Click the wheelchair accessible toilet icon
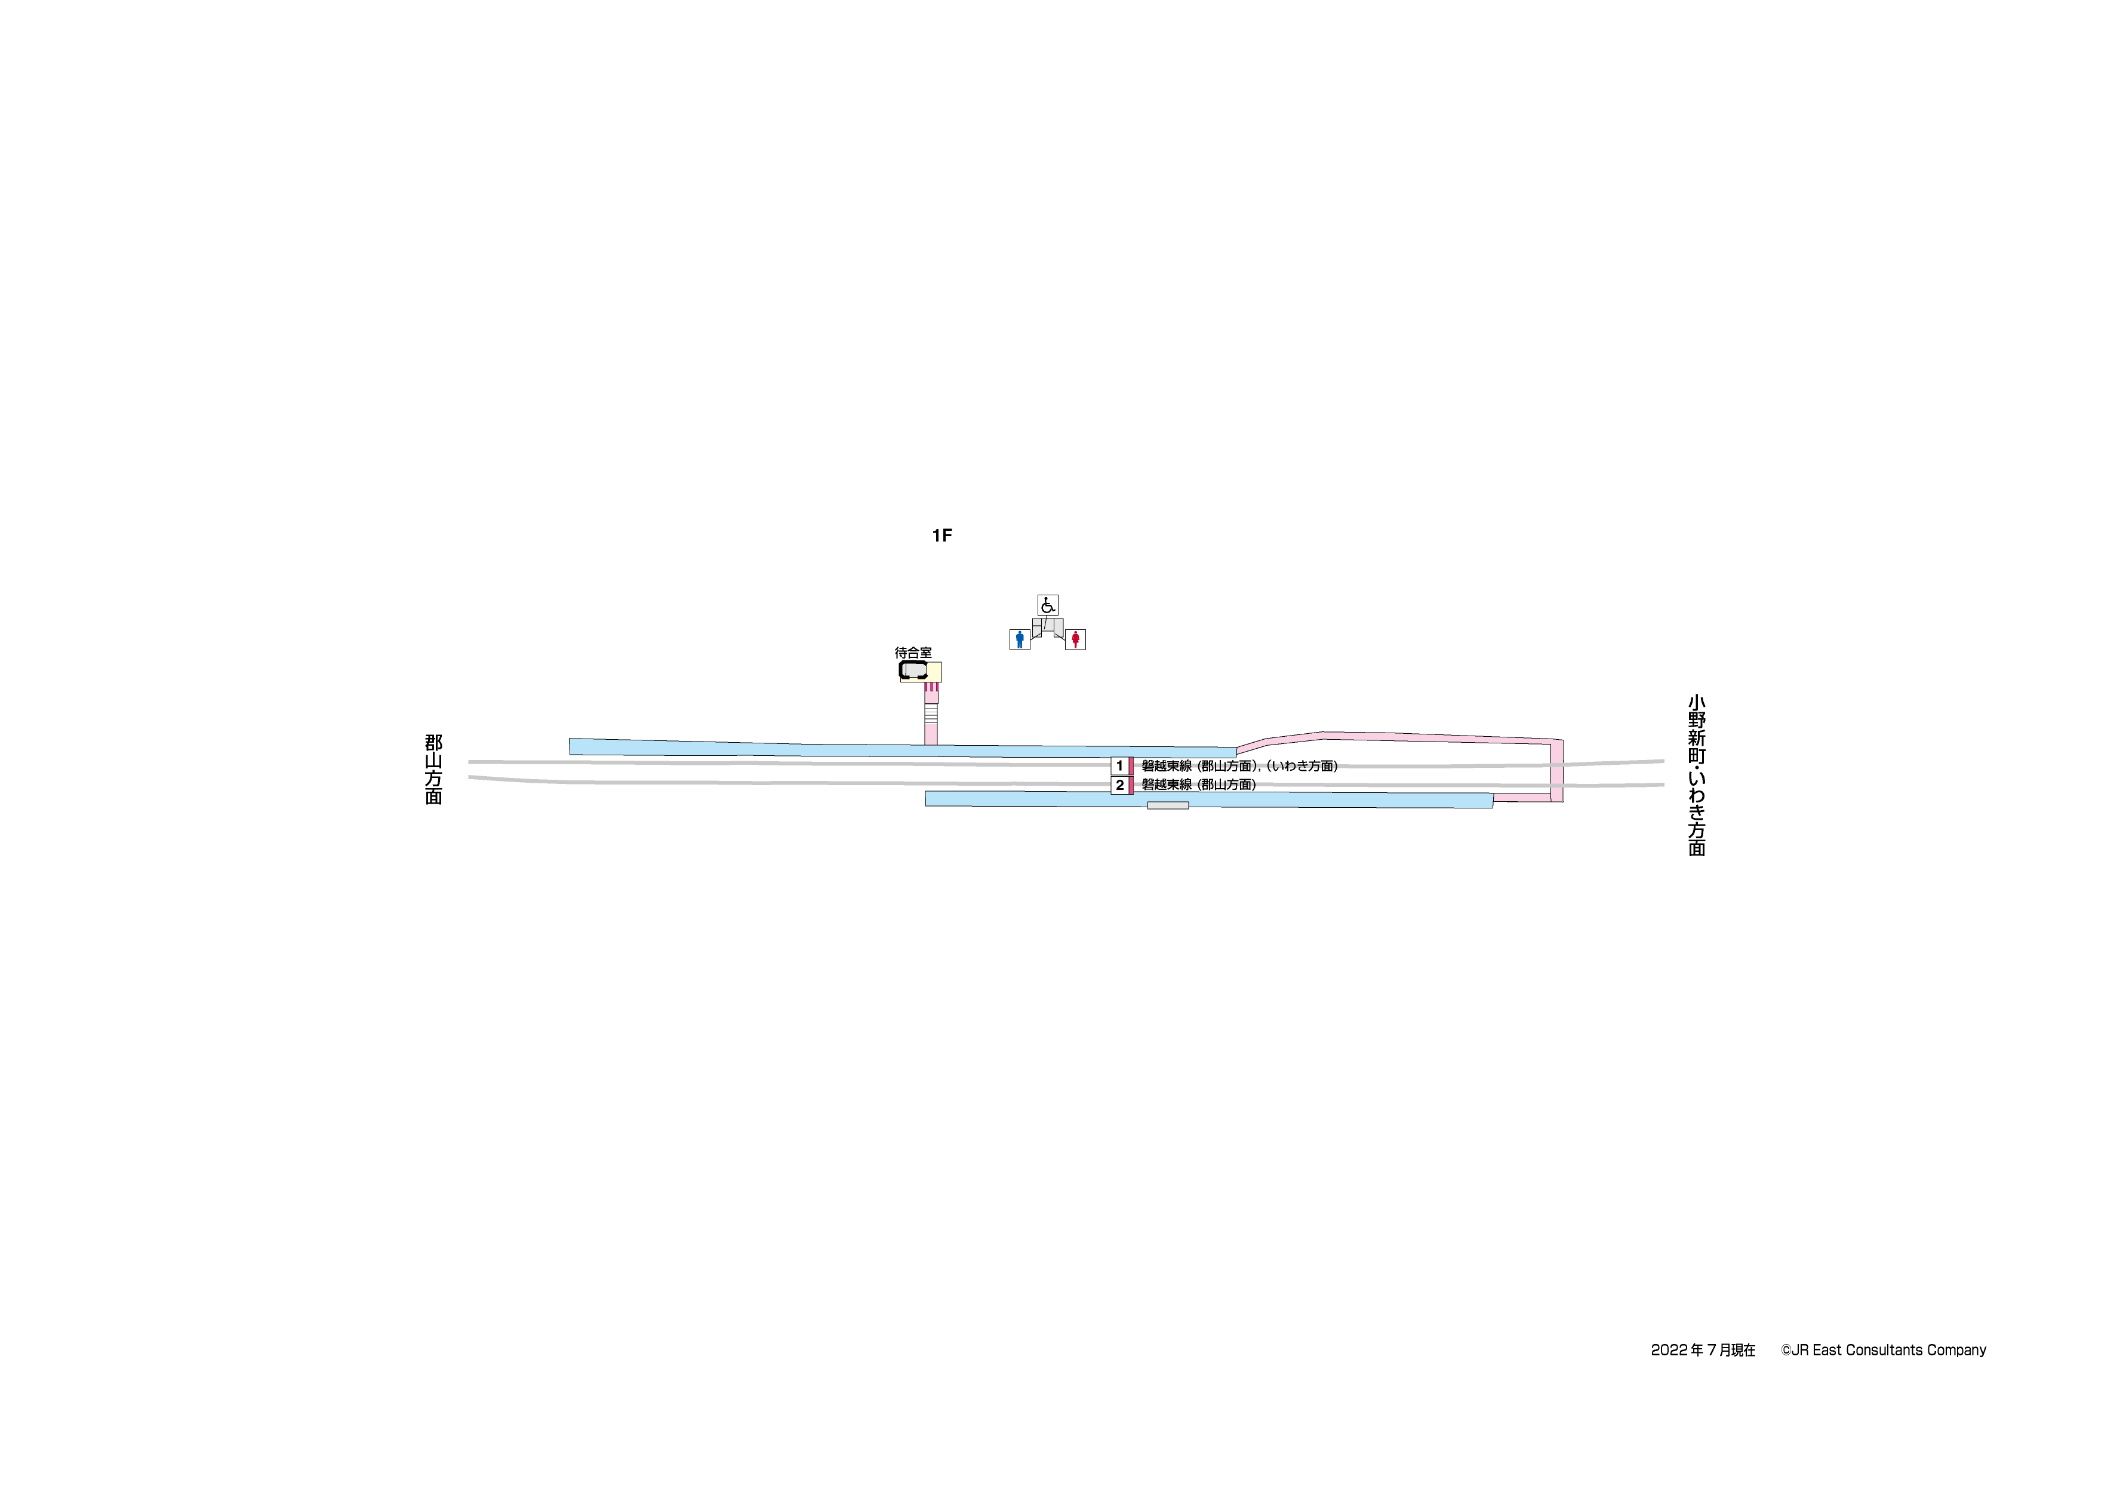pos(1048,605)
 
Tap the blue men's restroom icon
pos(1020,639)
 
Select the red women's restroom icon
pos(1075,639)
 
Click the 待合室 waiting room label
pos(913,653)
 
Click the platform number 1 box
pos(1120,766)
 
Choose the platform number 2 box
pos(1120,785)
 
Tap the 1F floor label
pos(942,536)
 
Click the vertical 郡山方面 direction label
pos(433,770)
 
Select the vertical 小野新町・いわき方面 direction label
pos(1697,776)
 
